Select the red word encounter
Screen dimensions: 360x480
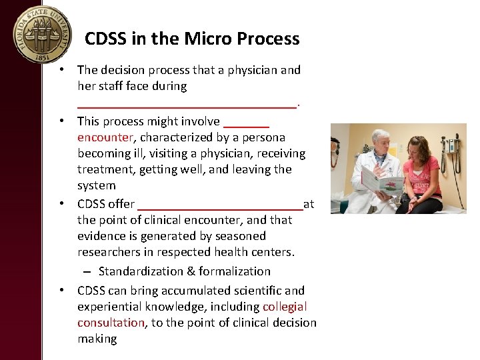[x=105, y=137]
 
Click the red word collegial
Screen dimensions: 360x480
[x=285, y=307]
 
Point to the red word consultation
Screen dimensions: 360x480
[x=111, y=323]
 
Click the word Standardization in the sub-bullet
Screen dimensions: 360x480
[x=139, y=271]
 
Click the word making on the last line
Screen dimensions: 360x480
[x=97, y=339]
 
